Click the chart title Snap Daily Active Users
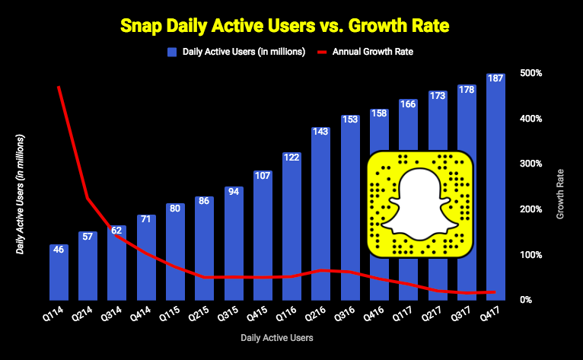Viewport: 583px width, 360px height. [291, 26]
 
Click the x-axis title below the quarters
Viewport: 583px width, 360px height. [276, 336]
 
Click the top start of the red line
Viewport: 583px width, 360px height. [59, 87]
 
